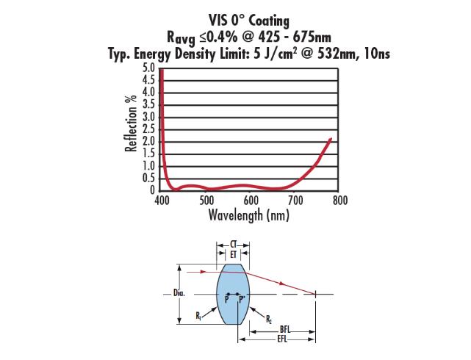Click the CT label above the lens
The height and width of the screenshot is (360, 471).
[234, 243]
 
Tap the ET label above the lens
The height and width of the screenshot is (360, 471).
[234, 253]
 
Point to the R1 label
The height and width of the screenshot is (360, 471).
[199, 315]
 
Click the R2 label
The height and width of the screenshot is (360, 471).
[268, 319]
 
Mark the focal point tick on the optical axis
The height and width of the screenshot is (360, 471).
[316, 295]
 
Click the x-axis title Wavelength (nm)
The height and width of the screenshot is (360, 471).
[249, 215]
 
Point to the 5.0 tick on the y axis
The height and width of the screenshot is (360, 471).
[148, 68]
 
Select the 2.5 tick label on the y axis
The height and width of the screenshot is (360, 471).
[148, 129]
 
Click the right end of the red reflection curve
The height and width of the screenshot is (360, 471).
[331, 137]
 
